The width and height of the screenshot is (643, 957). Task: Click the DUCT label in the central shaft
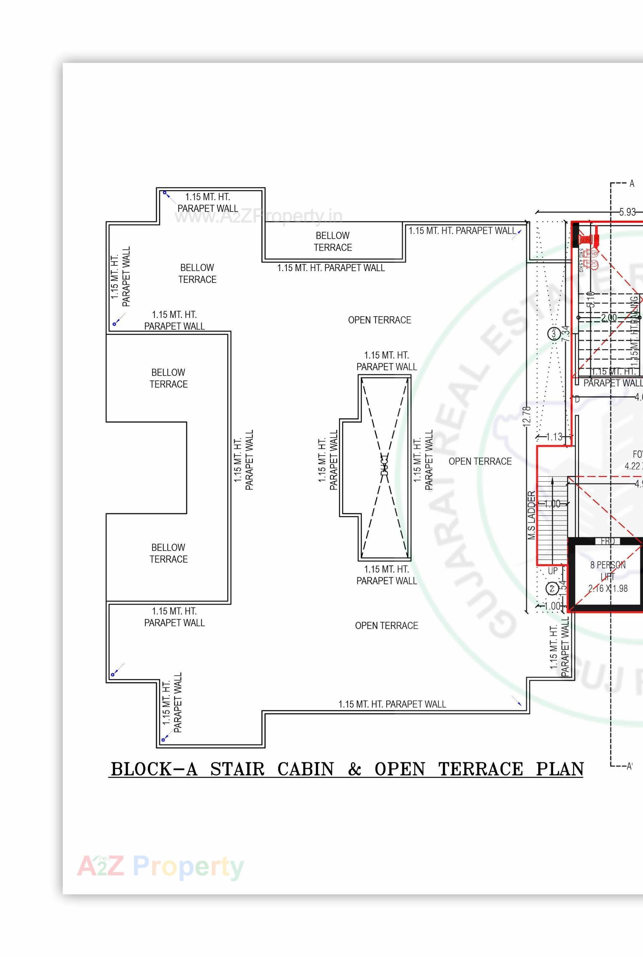pyautogui.click(x=384, y=464)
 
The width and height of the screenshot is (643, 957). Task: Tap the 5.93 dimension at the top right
pyautogui.click(x=627, y=212)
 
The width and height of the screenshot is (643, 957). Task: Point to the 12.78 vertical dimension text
pyautogui.click(x=527, y=416)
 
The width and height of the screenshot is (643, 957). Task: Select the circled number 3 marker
pyautogui.click(x=554, y=334)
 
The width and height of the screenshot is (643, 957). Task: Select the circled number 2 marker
pyautogui.click(x=552, y=589)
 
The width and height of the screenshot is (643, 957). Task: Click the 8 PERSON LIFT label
pyautogui.click(x=608, y=576)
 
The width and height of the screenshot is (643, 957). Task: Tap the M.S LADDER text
pyautogui.click(x=531, y=515)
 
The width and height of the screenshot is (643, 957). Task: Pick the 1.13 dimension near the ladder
pyautogui.click(x=555, y=437)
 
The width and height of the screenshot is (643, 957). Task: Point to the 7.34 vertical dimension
pyautogui.click(x=566, y=334)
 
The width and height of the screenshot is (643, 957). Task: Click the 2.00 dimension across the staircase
pyautogui.click(x=609, y=318)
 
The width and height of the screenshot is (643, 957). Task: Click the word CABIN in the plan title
pyautogui.click(x=305, y=769)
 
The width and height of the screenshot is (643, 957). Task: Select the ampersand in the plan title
pyautogui.click(x=354, y=769)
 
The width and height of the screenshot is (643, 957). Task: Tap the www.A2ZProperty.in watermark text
pyautogui.click(x=258, y=216)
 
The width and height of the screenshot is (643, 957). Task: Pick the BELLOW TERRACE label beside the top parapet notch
pyautogui.click(x=333, y=241)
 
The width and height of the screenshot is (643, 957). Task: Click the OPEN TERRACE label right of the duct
pyautogui.click(x=480, y=462)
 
